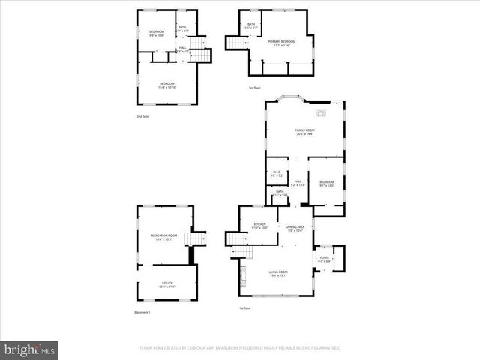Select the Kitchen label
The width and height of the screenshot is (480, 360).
click(259, 226)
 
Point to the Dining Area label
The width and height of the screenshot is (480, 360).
click(295, 228)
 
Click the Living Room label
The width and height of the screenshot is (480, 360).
click(278, 273)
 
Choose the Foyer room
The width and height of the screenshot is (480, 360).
click(325, 259)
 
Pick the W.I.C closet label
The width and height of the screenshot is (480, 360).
click(277, 173)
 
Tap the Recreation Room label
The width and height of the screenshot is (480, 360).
click(163, 237)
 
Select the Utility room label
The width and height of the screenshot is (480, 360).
click(166, 285)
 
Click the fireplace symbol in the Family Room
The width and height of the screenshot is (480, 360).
click(321, 113)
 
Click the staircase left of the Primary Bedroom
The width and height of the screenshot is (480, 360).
click(236, 43)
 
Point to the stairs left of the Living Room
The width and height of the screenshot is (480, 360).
click(235, 238)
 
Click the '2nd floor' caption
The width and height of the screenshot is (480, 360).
click(142, 117)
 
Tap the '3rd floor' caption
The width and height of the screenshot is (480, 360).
click(254, 88)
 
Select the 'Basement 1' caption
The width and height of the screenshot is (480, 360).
click(142, 312)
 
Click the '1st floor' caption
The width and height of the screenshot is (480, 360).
click(244, 308)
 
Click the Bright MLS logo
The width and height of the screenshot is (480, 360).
click(29, 349)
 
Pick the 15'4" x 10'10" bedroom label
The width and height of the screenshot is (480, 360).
click(166, 85)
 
